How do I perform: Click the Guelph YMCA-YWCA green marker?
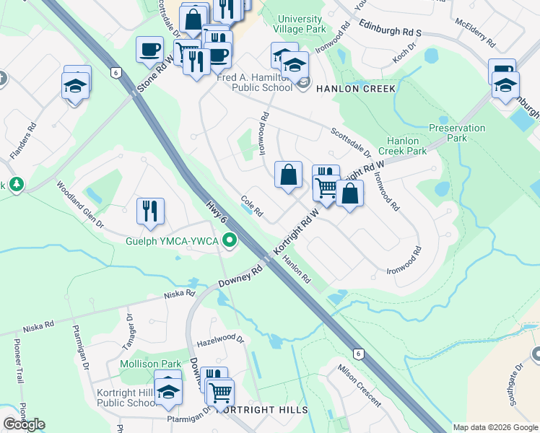click(x=230, y=240)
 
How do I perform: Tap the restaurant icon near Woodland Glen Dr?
click(x=150, y=211)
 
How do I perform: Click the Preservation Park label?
click(x=457, y=132)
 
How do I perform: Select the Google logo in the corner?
click(x=24, y=424)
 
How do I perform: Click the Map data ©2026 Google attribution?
click(x=495, y=427)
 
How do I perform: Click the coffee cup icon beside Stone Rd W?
click(x=149, y=49)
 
